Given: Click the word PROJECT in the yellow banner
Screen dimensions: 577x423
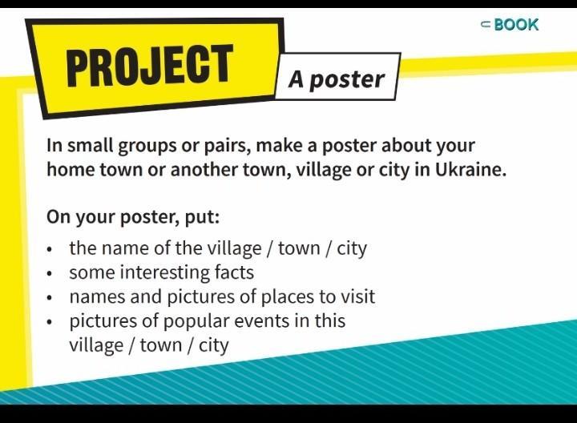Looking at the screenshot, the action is point(150,66).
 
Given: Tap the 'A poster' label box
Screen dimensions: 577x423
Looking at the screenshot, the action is point(337,77).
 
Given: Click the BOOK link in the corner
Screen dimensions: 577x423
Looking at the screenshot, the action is point(510,25).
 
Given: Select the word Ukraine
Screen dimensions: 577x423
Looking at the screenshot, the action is point(470,170).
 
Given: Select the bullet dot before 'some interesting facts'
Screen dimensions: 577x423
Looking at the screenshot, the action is point(50,274).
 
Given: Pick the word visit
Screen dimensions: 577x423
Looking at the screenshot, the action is point(357,296).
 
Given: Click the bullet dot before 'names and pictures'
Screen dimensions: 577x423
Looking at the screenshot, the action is point(50,298).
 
